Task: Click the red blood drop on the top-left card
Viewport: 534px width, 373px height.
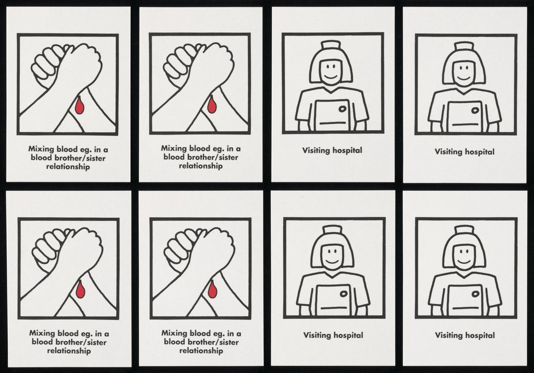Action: [x=79, y=106]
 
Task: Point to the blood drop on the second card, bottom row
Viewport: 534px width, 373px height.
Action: [x=212, y=290]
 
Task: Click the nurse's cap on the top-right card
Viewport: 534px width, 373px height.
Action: [x=464, y=47]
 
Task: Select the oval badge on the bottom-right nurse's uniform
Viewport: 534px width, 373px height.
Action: [x=476, y=294]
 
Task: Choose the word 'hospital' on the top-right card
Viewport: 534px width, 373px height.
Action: [x=480, y=152]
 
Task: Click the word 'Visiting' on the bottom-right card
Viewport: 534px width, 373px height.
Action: [x=448, y=335]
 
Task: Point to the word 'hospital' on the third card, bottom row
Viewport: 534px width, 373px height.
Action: [x=348, y=335]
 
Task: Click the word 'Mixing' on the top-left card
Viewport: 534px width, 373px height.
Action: [x=41, y=150]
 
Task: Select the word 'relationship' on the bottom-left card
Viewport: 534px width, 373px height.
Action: [x=69, y=351]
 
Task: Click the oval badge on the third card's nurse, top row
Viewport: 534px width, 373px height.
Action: [x=342, y=109]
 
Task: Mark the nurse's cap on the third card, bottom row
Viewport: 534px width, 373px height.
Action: [x=332, y=230]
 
